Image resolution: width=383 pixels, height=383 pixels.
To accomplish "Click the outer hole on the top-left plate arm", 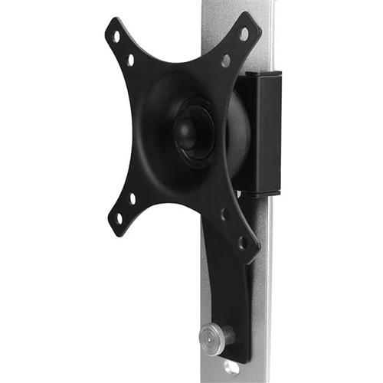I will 116,35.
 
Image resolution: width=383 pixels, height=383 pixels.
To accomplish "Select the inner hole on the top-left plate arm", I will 130,59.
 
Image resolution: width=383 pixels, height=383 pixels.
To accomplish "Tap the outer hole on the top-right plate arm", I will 244,34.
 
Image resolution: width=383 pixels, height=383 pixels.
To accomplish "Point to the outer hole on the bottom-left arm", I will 118,218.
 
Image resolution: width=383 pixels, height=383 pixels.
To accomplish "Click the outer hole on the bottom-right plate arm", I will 242,243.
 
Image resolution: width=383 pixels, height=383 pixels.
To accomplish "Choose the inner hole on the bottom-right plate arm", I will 224,215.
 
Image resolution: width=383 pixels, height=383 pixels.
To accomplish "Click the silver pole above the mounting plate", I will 222,15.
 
